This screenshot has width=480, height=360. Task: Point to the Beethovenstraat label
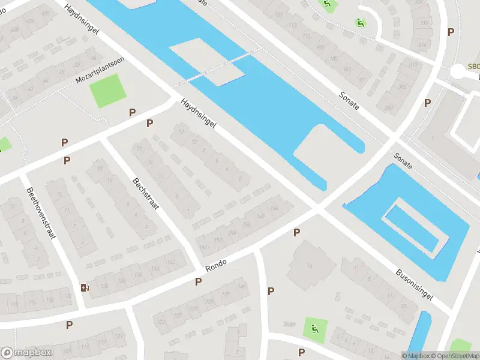tap(40, 213)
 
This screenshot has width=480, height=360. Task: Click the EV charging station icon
tap(85, 287)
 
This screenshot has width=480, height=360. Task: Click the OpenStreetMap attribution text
tap(454, 356)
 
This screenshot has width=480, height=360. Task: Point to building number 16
tap(310, 265)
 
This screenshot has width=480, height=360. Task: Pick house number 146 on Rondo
tap(203, 247)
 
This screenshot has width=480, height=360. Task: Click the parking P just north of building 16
tap(296, 232)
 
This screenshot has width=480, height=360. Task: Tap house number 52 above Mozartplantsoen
tap(76, 64)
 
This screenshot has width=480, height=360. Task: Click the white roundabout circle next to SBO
tap(457, 71)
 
